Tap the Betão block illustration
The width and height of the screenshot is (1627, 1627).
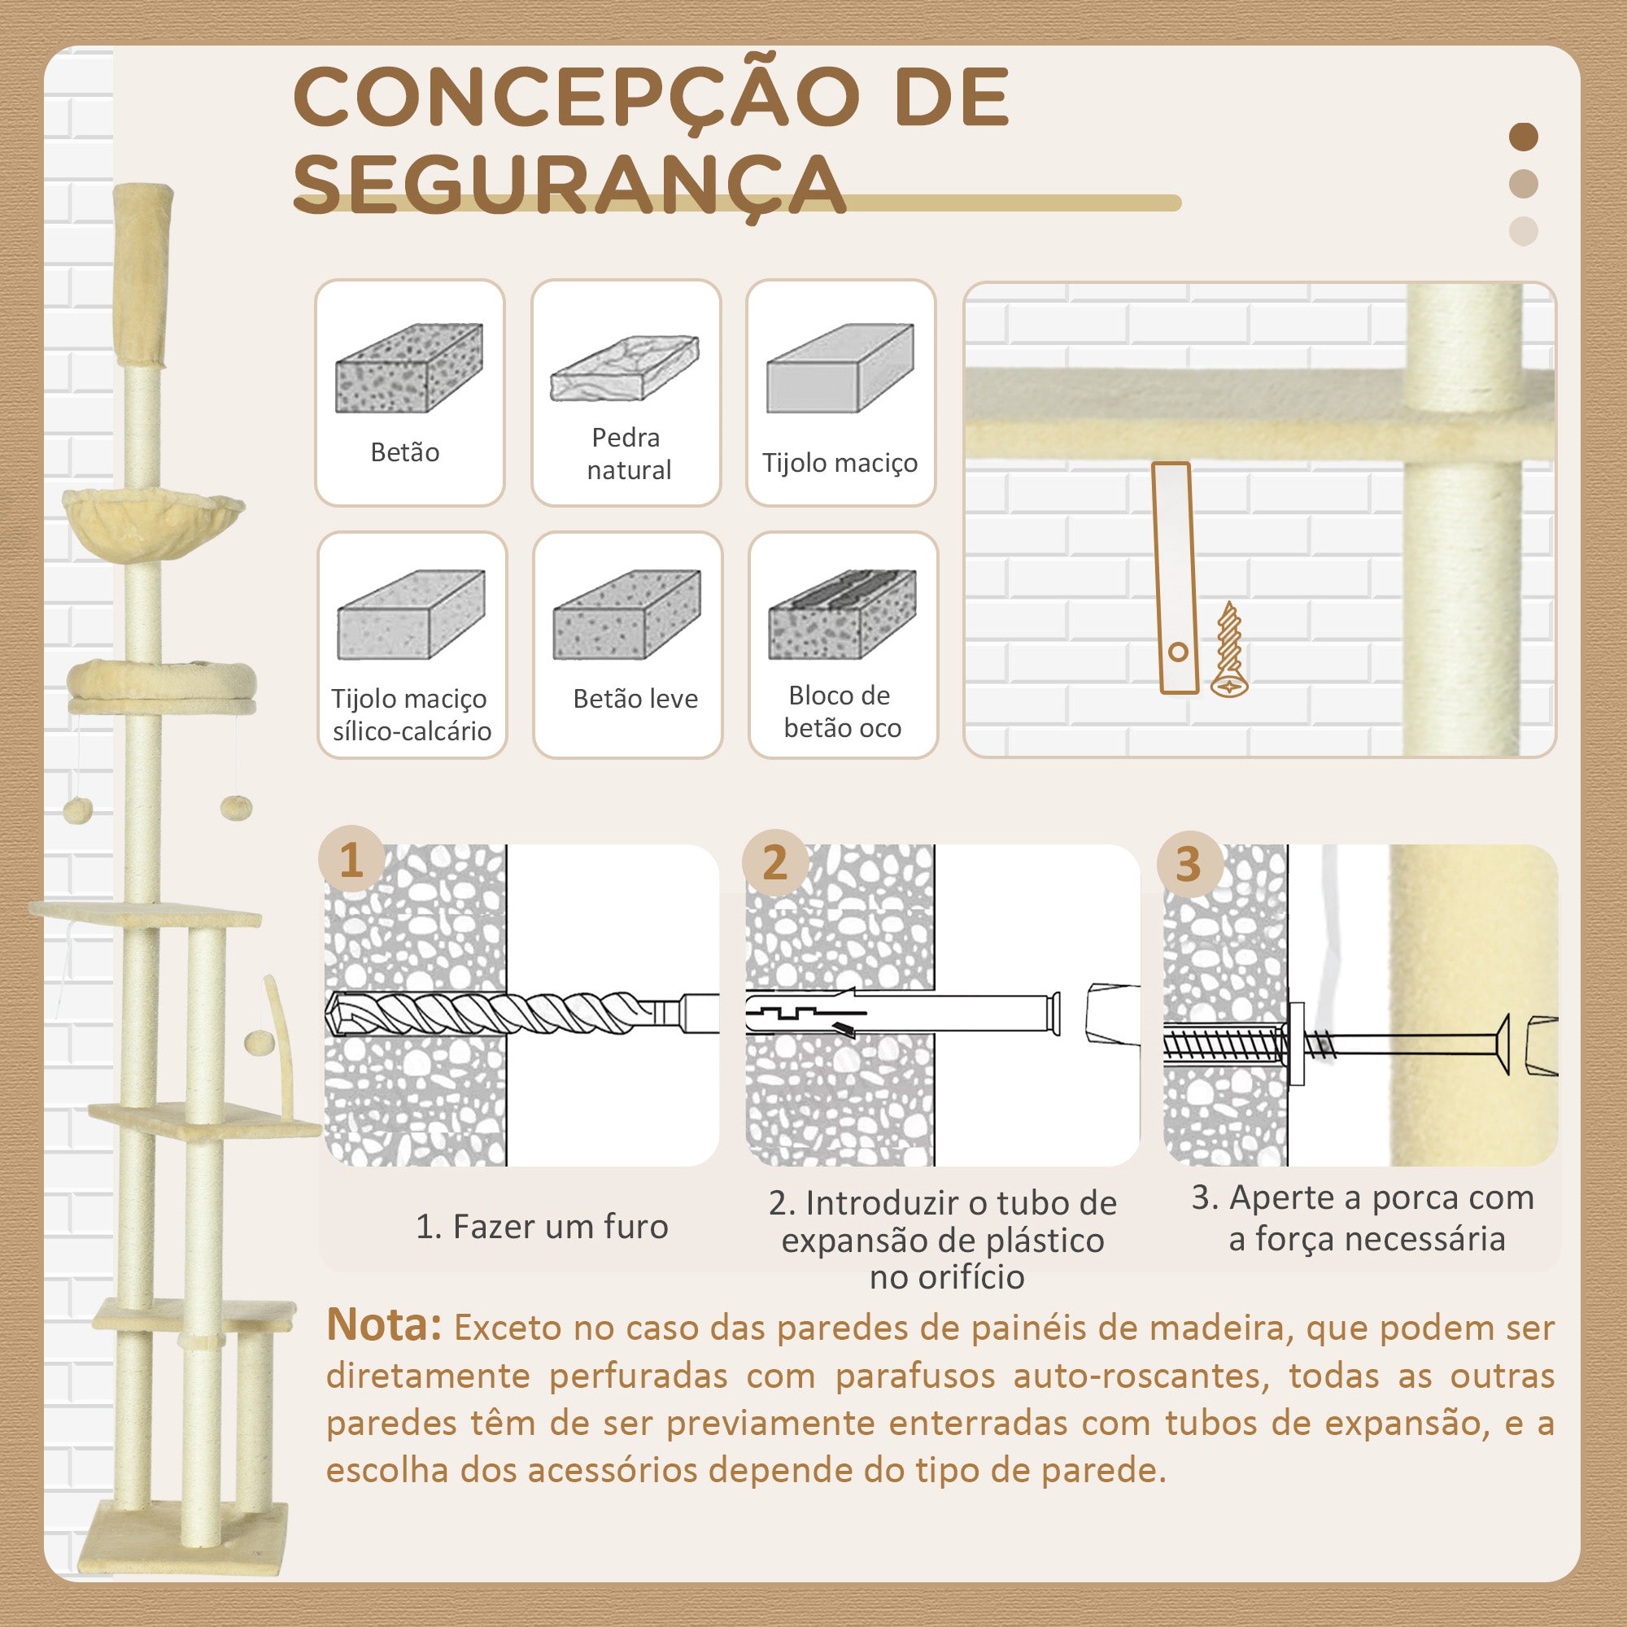point(409,368)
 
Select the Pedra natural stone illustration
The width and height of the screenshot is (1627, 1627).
point(625,368)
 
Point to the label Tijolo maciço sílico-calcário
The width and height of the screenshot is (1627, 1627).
point(411,714)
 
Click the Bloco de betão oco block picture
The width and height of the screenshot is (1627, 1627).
point(842,614)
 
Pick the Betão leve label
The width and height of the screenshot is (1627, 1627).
point(636,698)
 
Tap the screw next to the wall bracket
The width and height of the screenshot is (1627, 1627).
point(1229,649)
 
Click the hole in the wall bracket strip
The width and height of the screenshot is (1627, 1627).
point(1178,651)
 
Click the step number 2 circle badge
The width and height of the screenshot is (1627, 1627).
point(774,861)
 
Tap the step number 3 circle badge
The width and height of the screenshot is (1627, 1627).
point(1189,863)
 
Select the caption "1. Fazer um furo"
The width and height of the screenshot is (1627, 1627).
point(542,1226)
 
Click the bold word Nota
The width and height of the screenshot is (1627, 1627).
point(384,1324)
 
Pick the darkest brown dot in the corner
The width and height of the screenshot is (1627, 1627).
point(1524,137)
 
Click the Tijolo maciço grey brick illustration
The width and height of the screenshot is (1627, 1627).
point(840,368)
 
